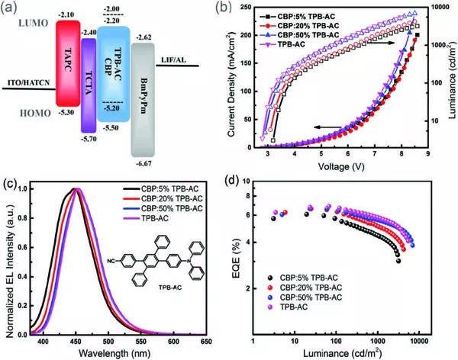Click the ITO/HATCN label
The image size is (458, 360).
pos(27,83)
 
